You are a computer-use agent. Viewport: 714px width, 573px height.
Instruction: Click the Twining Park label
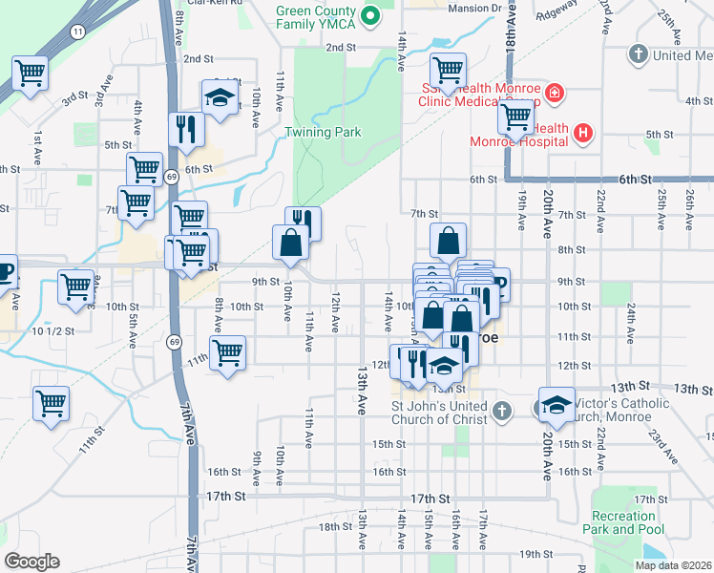tap(324, 132)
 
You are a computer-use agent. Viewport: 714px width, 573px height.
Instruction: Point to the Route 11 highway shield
tap(77, 32)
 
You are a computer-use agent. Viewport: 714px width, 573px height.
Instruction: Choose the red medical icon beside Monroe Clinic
tap(554, 95)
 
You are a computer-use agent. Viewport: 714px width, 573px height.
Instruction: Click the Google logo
tap(31, 562)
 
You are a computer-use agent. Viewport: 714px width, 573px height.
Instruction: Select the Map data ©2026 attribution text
tap(672, 565)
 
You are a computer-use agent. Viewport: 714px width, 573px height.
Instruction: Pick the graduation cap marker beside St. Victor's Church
tap(556, 404)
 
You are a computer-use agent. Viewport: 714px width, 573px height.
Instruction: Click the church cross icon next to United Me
tap(638, 54)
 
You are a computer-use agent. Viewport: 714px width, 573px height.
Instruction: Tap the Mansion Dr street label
tap(474, 8)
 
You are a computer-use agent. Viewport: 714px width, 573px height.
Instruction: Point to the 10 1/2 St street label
tap(52, 331)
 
